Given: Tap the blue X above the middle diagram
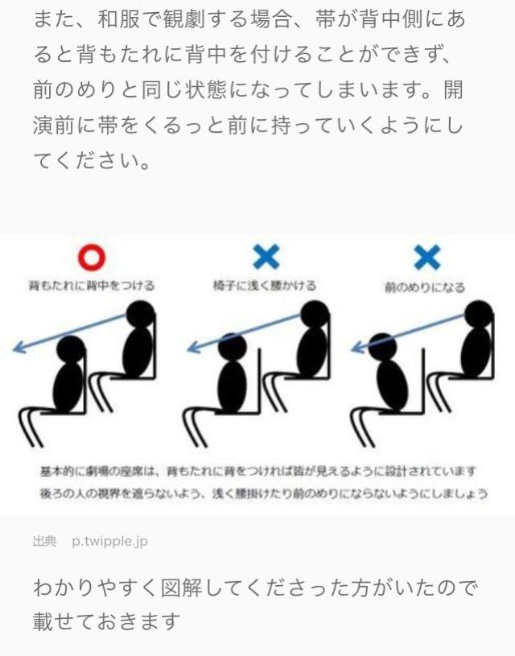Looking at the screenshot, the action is (266, 257).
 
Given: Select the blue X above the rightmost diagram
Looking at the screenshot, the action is (427, 257).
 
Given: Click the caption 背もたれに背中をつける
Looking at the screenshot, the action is (92, 286).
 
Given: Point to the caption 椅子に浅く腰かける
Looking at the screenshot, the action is (265, 286).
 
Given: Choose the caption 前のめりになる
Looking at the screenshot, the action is (425, 287).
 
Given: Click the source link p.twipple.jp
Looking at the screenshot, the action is (109, 542).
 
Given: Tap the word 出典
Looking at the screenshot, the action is (44, 541).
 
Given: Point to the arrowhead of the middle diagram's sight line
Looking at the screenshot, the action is (193, 346).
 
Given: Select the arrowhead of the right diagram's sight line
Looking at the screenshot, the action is (357, 346).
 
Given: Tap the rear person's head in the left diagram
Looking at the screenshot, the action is (141, 314).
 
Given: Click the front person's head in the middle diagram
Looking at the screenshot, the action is (233, 347).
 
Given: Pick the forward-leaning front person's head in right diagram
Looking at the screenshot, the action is (382, 347).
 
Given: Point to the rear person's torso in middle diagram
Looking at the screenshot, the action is (312, 352).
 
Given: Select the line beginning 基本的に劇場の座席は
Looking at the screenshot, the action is (258, 472).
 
